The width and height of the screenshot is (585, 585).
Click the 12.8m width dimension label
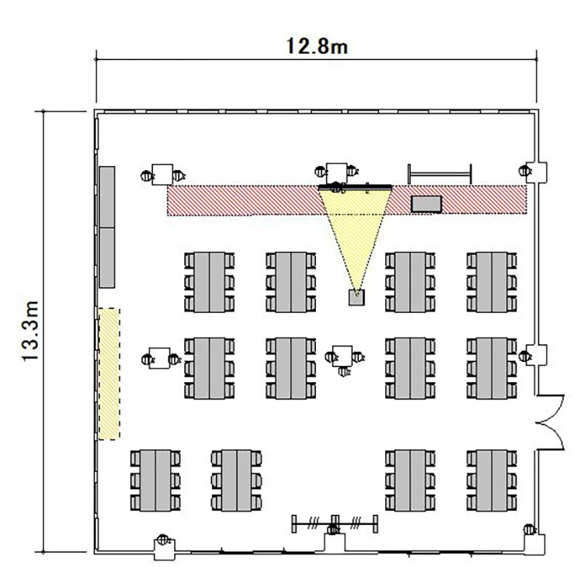317,46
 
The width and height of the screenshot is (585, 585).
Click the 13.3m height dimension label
30,331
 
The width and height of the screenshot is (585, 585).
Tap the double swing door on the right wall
551,422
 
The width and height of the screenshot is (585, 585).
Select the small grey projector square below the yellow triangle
356,298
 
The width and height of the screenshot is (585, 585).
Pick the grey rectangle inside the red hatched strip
427,204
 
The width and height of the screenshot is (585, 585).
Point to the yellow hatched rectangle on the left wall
109,374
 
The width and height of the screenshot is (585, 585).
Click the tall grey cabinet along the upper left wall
107,227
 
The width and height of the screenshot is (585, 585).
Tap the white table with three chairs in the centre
342,356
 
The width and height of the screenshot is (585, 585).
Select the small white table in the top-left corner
162,174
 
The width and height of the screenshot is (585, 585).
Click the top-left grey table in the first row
209,282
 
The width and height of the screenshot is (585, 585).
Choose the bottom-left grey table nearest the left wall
155,480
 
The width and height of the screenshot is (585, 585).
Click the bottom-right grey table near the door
491,480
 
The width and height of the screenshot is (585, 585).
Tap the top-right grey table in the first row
491,282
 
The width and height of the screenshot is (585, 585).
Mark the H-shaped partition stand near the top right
440,174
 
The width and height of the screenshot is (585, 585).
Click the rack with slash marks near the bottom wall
335,524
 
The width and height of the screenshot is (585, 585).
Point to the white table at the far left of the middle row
159,358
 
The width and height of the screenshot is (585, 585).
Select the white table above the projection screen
336,173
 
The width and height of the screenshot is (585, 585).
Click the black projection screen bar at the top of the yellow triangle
355,187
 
